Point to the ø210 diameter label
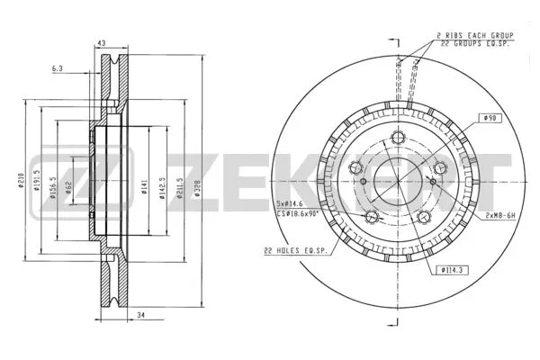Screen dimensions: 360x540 click(x=20, y=180)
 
